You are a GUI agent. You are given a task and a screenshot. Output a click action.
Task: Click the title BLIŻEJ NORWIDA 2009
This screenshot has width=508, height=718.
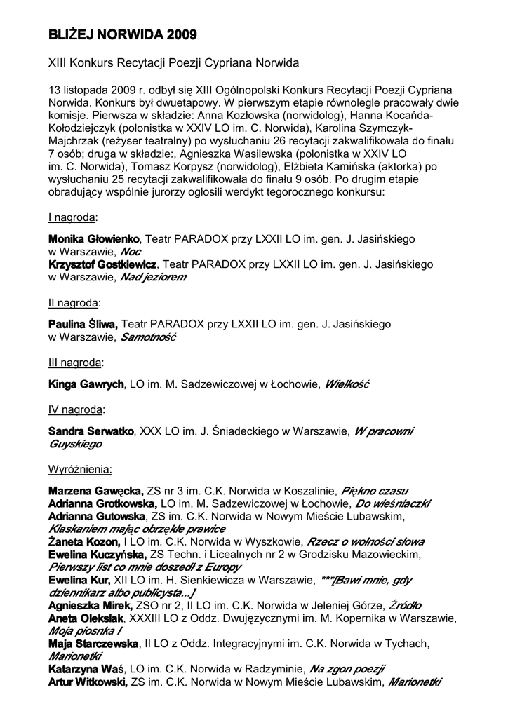pyautogui.click(x=122, y=34)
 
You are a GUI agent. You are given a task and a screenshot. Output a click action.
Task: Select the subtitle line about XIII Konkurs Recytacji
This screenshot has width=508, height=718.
pyautogui.click(x=173, y=63)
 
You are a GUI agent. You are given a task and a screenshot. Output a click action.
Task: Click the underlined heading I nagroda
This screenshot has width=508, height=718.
pyautogui.click(x=72, y=217)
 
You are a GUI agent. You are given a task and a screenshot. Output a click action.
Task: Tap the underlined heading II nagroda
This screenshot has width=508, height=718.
pyautogui.click(x=74, y=303)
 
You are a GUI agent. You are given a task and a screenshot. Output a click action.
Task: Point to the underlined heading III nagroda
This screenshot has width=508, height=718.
pyautogui.click(x=75, y=363)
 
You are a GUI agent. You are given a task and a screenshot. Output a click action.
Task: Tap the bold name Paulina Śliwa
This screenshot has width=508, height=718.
pyautogui.click(x=83, y=325)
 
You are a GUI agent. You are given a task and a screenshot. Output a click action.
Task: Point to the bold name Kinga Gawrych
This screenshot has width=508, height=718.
pyautogui.click(x=86, y=385)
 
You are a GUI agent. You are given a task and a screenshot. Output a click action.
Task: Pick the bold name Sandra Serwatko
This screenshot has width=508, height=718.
pyautogui.click(x=91, y=431)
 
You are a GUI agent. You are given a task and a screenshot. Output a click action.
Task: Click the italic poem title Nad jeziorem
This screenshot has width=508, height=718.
pyautogui.click(x=154, y=278)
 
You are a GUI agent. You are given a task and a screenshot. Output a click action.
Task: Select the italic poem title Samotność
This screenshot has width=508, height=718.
pyautogui.click(x=148, y=338)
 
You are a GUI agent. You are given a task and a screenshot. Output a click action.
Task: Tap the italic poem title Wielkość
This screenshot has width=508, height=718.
pyautogui.click(x=347, y=385)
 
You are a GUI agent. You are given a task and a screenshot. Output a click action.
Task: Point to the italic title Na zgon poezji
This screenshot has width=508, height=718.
pyautogui.click(x=347, y=669)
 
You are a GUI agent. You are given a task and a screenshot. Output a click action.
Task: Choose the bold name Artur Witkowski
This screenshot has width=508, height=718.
pyautogui.click(x=88, y=682)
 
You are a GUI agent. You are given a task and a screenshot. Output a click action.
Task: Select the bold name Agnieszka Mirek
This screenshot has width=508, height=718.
pyautogui.click(x=91, y=606)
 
